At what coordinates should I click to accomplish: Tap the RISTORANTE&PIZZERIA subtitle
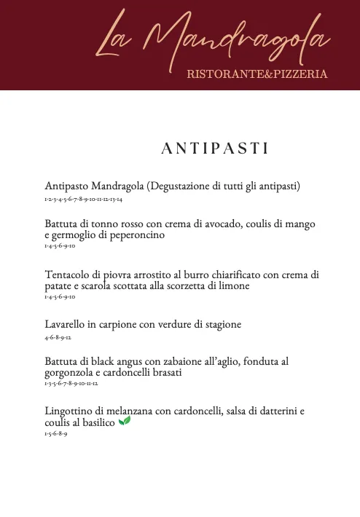click(x=257, y=74)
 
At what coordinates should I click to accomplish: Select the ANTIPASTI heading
click(x=215, y=149)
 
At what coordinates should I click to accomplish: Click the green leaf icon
click(x=125, y=421)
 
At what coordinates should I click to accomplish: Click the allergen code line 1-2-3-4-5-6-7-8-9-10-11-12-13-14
click(x=83, y=199)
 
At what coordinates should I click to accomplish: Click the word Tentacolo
click(x=68, y=275)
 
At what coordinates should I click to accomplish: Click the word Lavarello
click(x=65, y=324)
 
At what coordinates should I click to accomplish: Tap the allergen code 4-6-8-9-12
click(x=58, y=337)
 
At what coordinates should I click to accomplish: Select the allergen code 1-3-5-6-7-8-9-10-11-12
click(x=71, y=383)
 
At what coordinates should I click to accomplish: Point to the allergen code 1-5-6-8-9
click(x=56, y=433)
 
